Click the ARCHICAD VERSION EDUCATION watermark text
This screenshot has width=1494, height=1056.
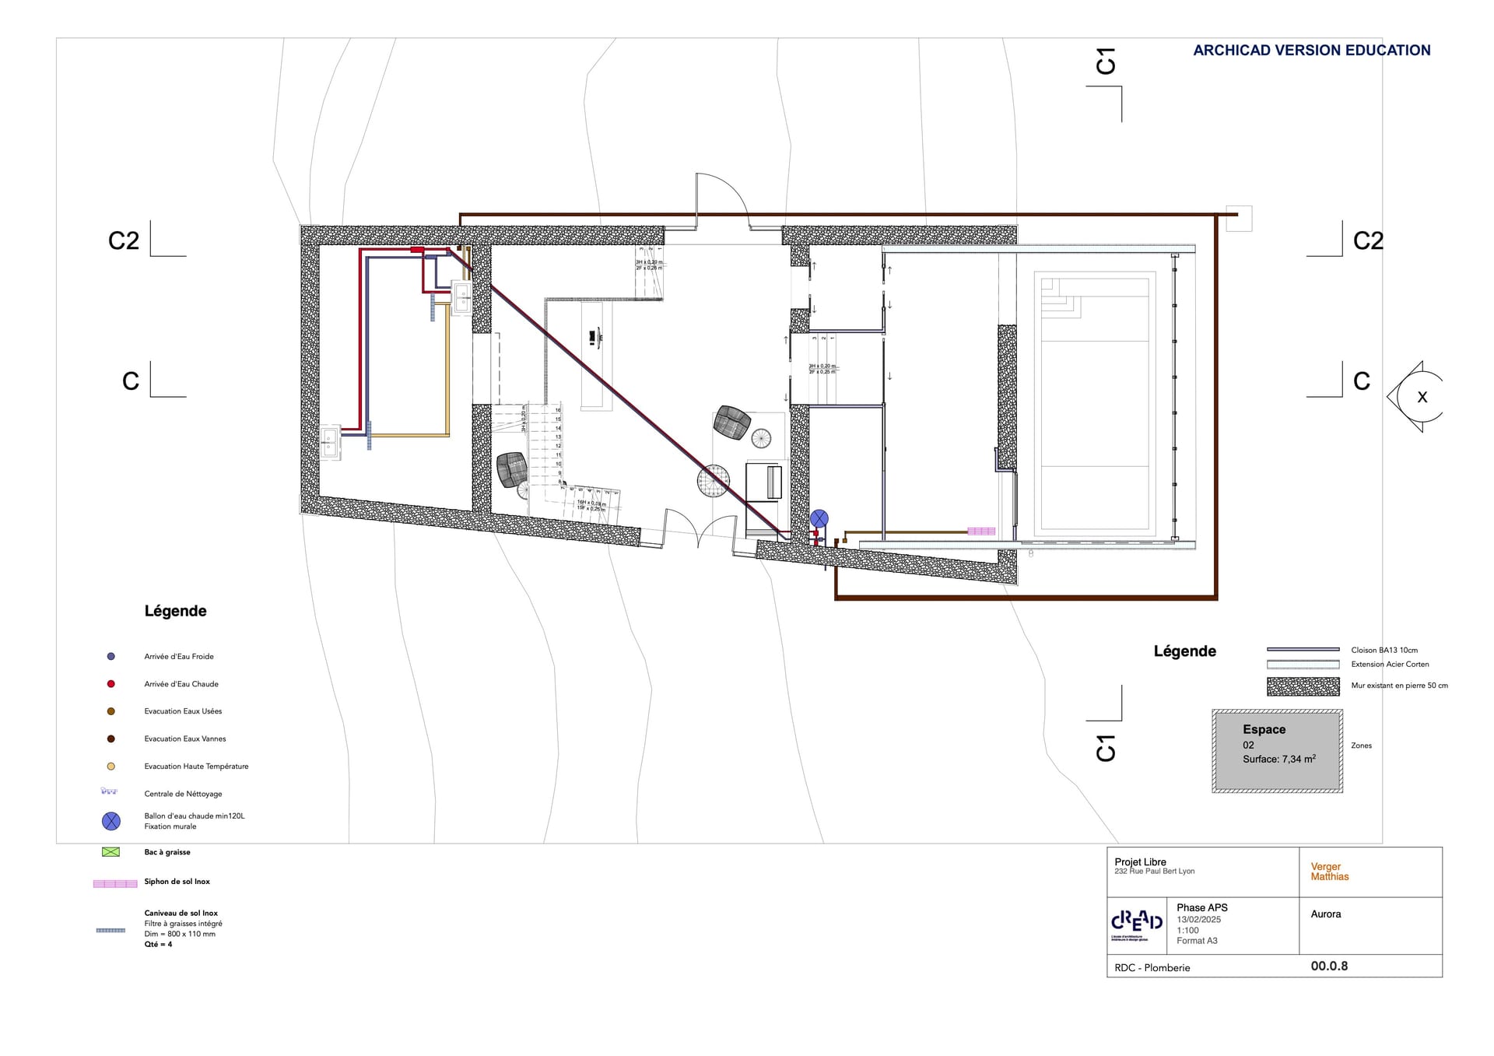(1311, 51)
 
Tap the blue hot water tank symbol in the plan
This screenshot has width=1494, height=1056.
(819, 518)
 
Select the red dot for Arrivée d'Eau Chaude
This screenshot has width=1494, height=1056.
(111, 684)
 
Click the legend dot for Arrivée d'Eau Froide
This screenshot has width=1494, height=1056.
(111, 657)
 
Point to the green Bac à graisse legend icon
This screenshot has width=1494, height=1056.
(111, 852)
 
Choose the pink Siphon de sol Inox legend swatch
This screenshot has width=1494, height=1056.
(114, 883)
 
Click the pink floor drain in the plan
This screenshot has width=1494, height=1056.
(981, 532)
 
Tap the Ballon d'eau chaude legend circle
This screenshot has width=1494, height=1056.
(111, 821)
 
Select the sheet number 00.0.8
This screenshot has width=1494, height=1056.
(1329, 967)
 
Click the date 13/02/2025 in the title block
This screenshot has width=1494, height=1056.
(1198, 920)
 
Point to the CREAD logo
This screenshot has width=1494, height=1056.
(1136, 923)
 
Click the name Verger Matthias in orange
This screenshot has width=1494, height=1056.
(1329, 872)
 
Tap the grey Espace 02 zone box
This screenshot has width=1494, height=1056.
(1277, 751)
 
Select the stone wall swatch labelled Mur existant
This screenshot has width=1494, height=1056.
(1303, 686)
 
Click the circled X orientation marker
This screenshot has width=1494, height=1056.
(1422, 397)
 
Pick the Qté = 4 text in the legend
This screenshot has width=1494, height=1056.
(158, 945)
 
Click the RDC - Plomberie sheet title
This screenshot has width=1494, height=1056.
(1152, 968)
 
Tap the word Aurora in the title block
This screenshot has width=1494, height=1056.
(1325, 914)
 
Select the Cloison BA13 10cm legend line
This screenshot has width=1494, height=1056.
(1303, 650)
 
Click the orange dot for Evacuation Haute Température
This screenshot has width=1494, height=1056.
(111, 767)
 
